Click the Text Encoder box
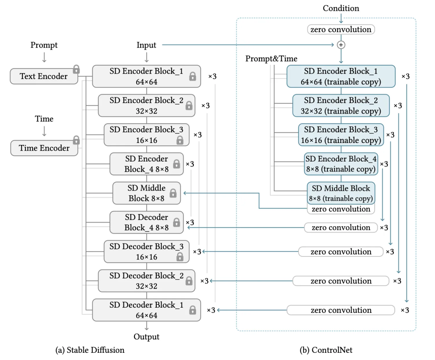click(x=44, y=76)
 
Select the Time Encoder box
click(x=44, y=148)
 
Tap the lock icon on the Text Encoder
click(x=76, y=69)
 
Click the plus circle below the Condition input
click(x=341, y=45)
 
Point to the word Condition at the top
click(x=341, y=8)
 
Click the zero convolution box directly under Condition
click(x=341, y=29)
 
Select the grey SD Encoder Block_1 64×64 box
click(x=147, y=76)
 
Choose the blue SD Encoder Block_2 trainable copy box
click(x=341, y=106)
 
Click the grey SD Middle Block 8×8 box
click(x=147, y=193)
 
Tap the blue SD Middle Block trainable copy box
click(x=341, y=193)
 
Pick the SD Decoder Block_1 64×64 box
click(x=147, y=310)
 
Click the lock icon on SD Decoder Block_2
click(x=189, y=281)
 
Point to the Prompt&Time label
click(x=271, y=58)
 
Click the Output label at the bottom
click(x=147, y=337)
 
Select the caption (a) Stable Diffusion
click(x=90, y=350)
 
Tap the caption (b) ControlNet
click(x=326, y=350)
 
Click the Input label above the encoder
click(x=146, y=45)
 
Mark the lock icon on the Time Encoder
click(x=76, y=140)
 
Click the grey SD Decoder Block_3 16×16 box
click(x=147, y=252)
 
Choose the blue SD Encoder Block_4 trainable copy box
click(x=341, y=164)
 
